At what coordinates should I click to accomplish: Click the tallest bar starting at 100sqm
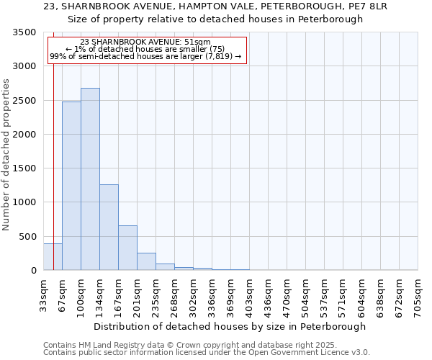90,179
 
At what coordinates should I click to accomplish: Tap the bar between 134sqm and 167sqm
109,228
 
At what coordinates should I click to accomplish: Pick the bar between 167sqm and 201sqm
127,248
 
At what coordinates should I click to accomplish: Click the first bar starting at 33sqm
53,257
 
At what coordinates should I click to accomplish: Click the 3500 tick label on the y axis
24,32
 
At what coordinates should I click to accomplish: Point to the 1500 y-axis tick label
24,168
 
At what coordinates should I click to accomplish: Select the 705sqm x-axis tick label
418,296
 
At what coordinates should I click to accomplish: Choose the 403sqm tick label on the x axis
249,296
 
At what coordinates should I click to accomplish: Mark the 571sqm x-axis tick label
343,296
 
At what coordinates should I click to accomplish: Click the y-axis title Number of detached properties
7,155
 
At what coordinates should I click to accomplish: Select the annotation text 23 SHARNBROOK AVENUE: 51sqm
146,42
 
